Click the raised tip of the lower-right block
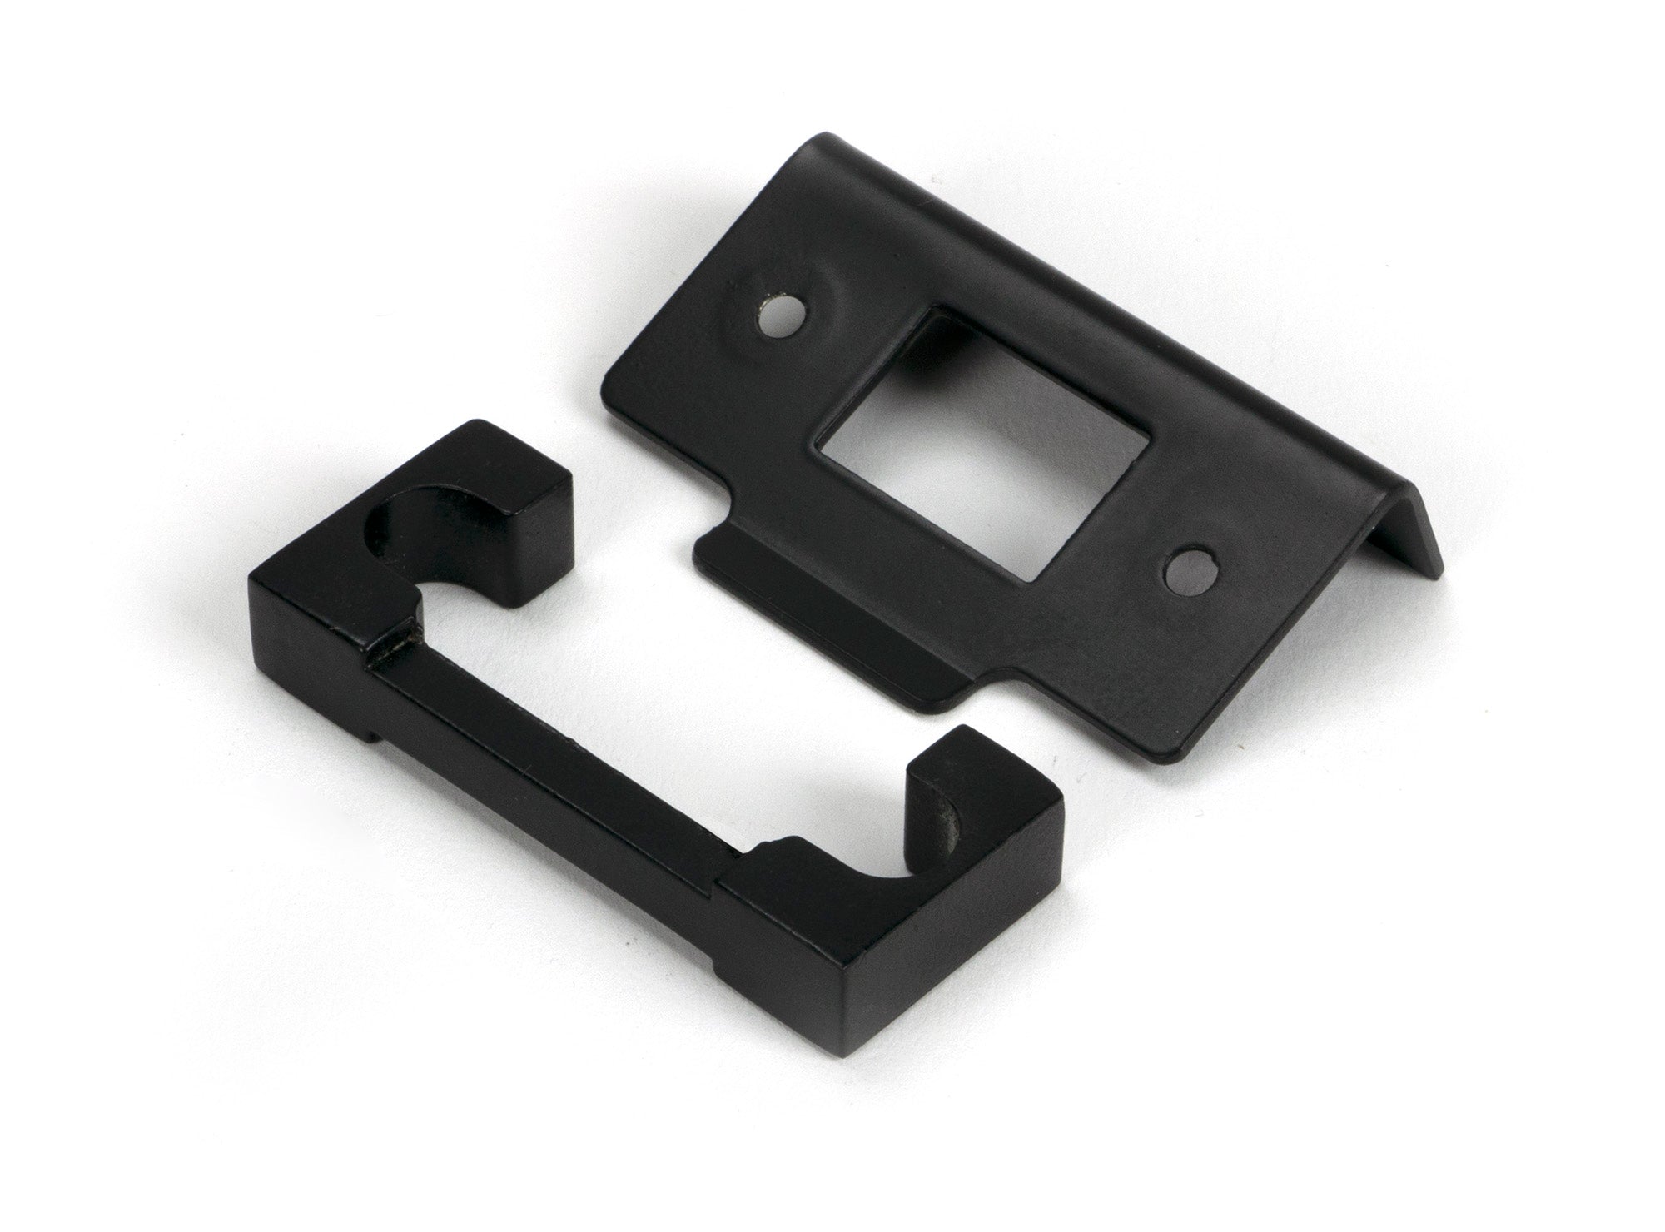(949, 749)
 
